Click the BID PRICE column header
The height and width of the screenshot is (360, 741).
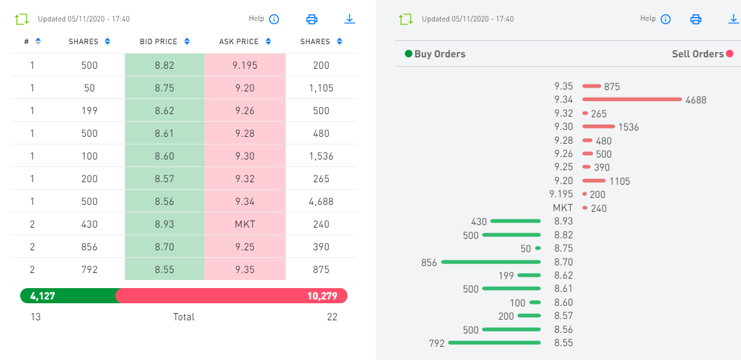pos(158,42)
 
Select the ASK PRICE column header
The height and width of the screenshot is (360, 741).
pos(239,42)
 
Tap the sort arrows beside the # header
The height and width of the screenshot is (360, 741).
pos(38,42)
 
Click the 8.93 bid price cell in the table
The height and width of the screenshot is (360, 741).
pos(164,224)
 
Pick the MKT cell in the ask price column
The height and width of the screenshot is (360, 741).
pos(245,224)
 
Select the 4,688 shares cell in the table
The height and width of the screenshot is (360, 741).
pos(321,202)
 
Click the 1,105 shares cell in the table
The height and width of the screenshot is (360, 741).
pos(321,88)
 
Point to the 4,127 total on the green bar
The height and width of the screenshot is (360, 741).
pos(42,296)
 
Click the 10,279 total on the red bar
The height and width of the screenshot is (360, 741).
pos(322,296)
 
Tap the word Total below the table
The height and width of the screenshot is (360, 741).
pos(184,317)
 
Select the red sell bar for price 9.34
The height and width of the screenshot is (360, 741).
pos(632,99)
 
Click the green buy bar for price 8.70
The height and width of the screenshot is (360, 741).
pos(491,262)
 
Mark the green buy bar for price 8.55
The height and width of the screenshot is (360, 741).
pos(494,343)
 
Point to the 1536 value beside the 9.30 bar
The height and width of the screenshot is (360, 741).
pos(628,127)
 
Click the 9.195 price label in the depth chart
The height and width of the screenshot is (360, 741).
pos(561,194)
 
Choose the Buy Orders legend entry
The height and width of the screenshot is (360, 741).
pos(435,54)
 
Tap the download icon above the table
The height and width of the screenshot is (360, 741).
pos(350,19)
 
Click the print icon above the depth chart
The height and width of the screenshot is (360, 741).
pos(696,19)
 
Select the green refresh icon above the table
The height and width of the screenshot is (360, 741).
pos(22,19)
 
